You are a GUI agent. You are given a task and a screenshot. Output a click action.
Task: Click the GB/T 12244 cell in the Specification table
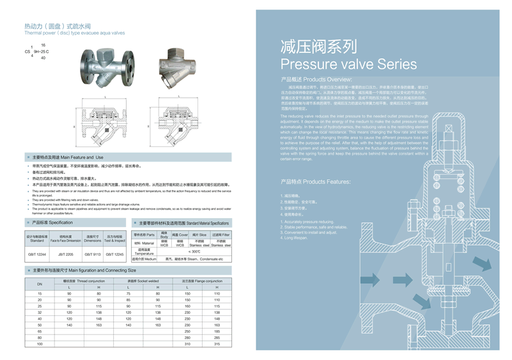(37, 254)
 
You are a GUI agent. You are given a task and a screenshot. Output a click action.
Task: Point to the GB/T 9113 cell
(93, 254)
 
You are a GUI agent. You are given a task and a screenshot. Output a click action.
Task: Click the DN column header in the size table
(39, 284)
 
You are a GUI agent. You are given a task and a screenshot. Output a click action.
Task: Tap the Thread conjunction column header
(83, 281)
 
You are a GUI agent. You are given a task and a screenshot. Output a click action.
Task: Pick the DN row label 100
(39, 344)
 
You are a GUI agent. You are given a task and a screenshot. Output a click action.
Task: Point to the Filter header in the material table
(220, 235)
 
